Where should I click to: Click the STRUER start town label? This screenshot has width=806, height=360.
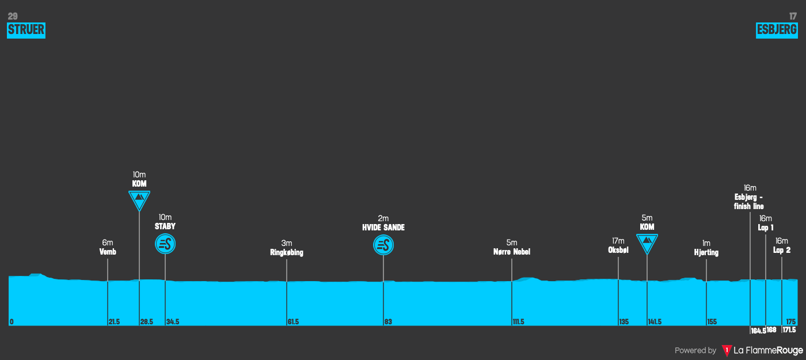[26, 30]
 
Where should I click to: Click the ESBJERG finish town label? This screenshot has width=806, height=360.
[777, 30]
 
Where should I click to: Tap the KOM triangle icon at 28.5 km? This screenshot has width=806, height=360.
[139, 199]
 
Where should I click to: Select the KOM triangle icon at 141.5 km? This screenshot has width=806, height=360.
[647, 242]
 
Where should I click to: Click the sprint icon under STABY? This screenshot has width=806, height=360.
[165, 244]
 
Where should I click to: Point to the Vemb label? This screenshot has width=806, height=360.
[108, 252]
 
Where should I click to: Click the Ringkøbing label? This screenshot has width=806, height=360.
[286, 252]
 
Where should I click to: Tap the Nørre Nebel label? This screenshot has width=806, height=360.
[511, 252]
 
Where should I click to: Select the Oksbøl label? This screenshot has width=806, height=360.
[618, 250]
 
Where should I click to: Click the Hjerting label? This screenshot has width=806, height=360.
[706, 252]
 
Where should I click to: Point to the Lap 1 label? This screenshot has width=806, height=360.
[765, 228]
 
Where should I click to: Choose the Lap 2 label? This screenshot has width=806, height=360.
[781, 250]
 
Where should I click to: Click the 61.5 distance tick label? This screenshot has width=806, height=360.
[293, 322]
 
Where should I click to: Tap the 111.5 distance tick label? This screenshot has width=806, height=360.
[518, 322]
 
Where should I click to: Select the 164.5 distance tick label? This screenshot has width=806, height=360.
[758, 331]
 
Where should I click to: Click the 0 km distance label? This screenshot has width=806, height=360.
[12, 322]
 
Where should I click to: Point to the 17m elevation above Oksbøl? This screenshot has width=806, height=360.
[618, 241]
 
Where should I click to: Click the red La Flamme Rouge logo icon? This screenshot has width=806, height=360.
[727, 350]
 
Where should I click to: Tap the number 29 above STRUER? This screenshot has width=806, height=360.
[13, 16]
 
